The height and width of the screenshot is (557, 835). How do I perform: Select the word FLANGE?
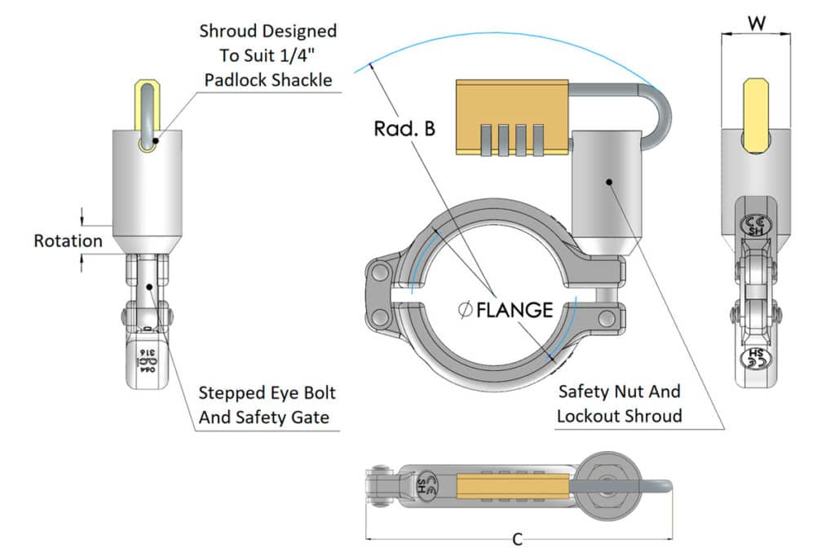tap(515, 310)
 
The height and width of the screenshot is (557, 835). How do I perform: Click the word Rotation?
tap(68, 241)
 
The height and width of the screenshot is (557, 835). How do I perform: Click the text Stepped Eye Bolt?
tap(267, 393)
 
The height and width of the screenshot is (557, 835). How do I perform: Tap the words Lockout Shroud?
tap(619, 416)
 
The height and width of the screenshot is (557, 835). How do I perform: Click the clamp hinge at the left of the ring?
tap(380, 294)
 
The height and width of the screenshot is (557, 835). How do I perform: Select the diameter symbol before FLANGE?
tap(465, 310)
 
